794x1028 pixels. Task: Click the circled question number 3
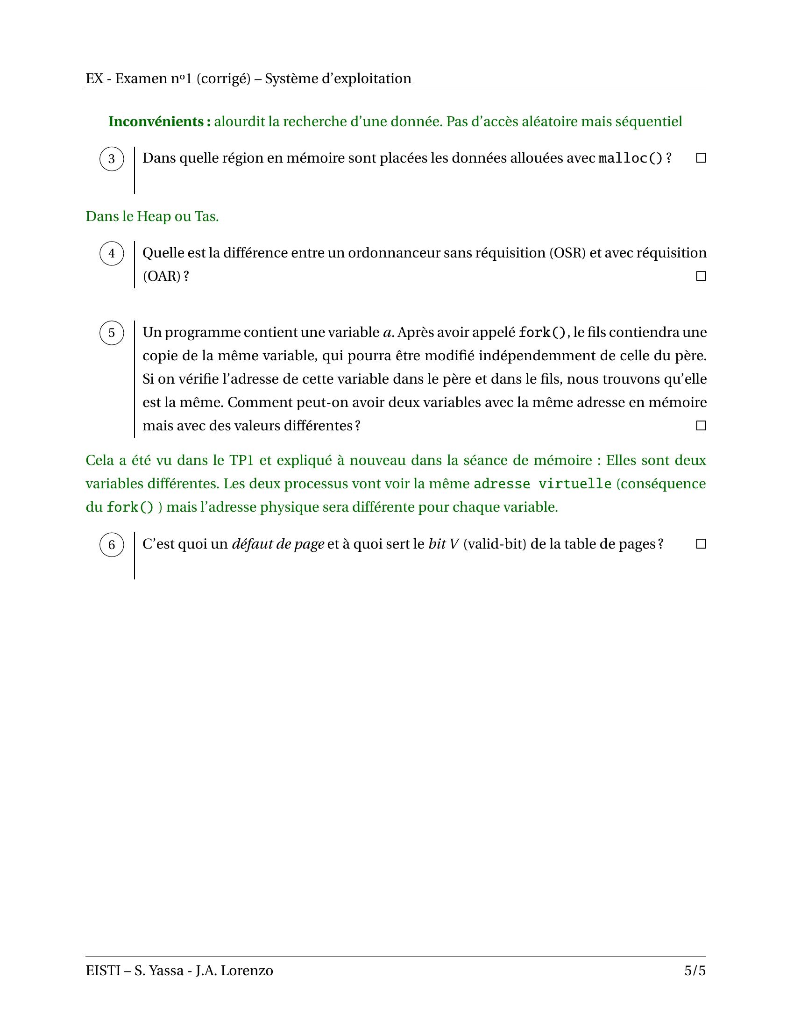click(112, 158)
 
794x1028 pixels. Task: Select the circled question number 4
click(112, 253)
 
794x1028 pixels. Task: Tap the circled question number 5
click(112, 333)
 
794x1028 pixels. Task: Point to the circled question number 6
click(112, 544)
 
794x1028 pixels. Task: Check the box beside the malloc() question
click(701, 158)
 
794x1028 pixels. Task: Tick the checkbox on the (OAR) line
click(701, 276)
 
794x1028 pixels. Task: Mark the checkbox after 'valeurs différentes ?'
click(701, 426)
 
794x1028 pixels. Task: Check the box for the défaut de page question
click(701, 544)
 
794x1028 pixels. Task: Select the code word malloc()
click(631, 158)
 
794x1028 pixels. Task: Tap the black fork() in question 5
click(542, 333)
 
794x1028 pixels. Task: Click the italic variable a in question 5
click(388, 333)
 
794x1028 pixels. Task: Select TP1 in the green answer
click(242, 460)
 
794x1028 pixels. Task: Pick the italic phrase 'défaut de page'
click(278, 544)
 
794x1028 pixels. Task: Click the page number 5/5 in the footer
click(695, 971)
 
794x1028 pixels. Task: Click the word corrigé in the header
click(223, 79)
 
